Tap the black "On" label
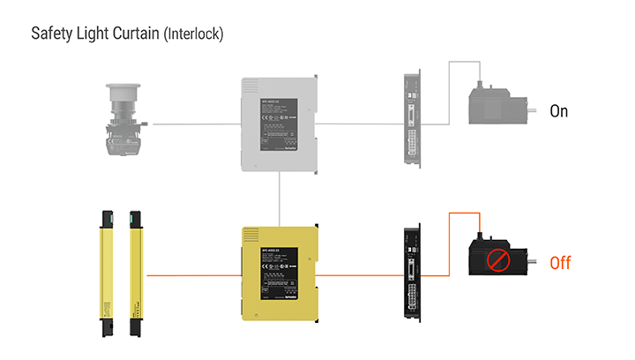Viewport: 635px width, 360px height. tap(559, 111)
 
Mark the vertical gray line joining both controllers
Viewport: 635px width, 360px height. tap(279, 199)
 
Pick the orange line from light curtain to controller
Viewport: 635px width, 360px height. tap(194, 275)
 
